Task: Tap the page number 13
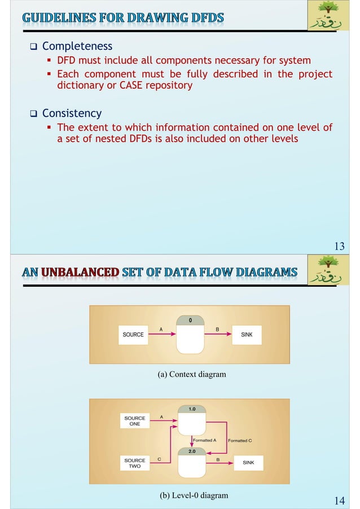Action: (x=339, y=246)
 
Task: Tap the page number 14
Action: (x=339, y=501)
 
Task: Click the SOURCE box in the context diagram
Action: (x=133, y=335)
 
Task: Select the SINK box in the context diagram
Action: (x=247, y=335)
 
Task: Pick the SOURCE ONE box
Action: (x=135, y=421)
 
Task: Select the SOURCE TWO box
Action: (x=135, y=463)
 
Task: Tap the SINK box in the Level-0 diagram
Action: (x=248, y=463)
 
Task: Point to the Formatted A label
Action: (x=205, y=440)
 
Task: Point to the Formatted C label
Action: (x=240, y=440)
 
